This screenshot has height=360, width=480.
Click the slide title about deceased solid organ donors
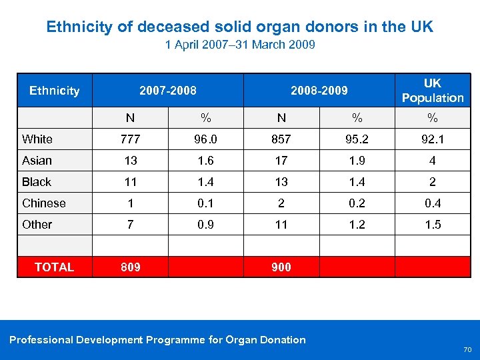(239, 27)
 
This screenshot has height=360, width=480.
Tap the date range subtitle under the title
(239, 45)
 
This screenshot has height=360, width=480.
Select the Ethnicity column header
(54, 91)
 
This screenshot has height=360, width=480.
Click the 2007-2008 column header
(168, 91)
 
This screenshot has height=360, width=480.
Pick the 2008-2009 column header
(319, 91)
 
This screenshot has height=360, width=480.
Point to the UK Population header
(432, 91)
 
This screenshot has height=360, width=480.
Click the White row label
(37, 139)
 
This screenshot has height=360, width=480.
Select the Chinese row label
(44, 203)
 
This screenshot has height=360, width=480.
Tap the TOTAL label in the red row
(54, 267)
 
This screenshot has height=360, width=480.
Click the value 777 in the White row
(130, 139)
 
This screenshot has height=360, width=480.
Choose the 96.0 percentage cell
(206, 139)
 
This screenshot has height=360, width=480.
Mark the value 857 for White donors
(281, 139)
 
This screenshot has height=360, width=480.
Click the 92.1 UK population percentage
(433, 139)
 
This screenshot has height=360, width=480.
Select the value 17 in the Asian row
(281, 161)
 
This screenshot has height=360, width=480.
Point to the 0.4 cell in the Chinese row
(433, 203)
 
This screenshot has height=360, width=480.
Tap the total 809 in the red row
(130, 267)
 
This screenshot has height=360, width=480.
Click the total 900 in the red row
(281, 267)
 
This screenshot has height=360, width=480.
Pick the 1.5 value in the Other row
(433, 225)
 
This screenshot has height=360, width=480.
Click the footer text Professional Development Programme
(157, 340)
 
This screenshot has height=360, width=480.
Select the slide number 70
(467, 349)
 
